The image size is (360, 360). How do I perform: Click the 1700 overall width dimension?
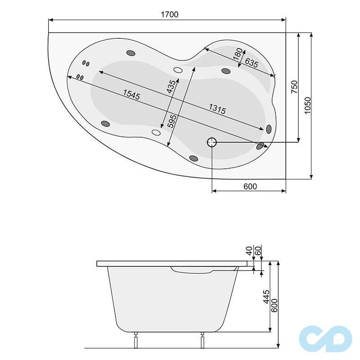click(x=170, y=14)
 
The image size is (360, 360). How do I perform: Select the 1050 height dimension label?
click(x=308, y=106)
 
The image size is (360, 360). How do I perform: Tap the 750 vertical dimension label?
click(x=294, y=87)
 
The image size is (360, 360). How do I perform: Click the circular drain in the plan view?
click(x=212, y=143)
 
